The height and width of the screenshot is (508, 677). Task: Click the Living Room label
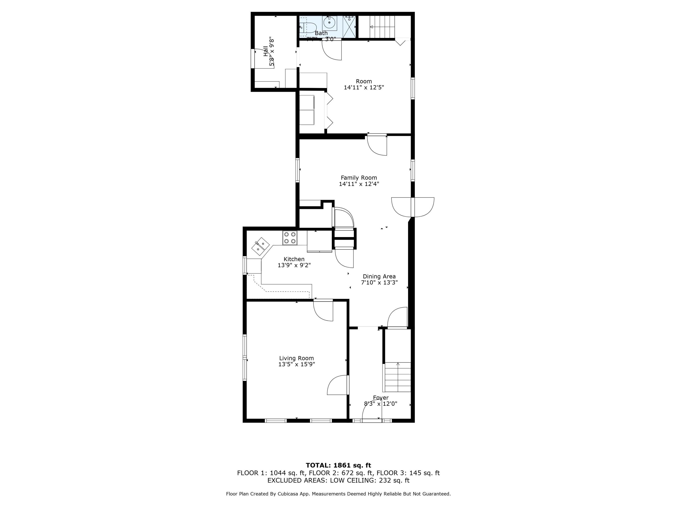[296, 358]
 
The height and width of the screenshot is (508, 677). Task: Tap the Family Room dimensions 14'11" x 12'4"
[359, 184]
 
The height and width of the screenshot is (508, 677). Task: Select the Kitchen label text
[294, 259]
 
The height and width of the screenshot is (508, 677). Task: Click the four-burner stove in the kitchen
[290, 238]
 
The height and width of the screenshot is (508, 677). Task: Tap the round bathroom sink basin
[329, 22]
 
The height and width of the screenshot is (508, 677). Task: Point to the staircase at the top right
[382, 26]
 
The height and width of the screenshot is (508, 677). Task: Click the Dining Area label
[379, 276]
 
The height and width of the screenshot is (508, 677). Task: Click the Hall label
[265, 51]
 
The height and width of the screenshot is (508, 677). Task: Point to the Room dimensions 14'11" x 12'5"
[364, 88]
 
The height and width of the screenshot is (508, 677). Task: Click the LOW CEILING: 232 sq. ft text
[369, 480]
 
